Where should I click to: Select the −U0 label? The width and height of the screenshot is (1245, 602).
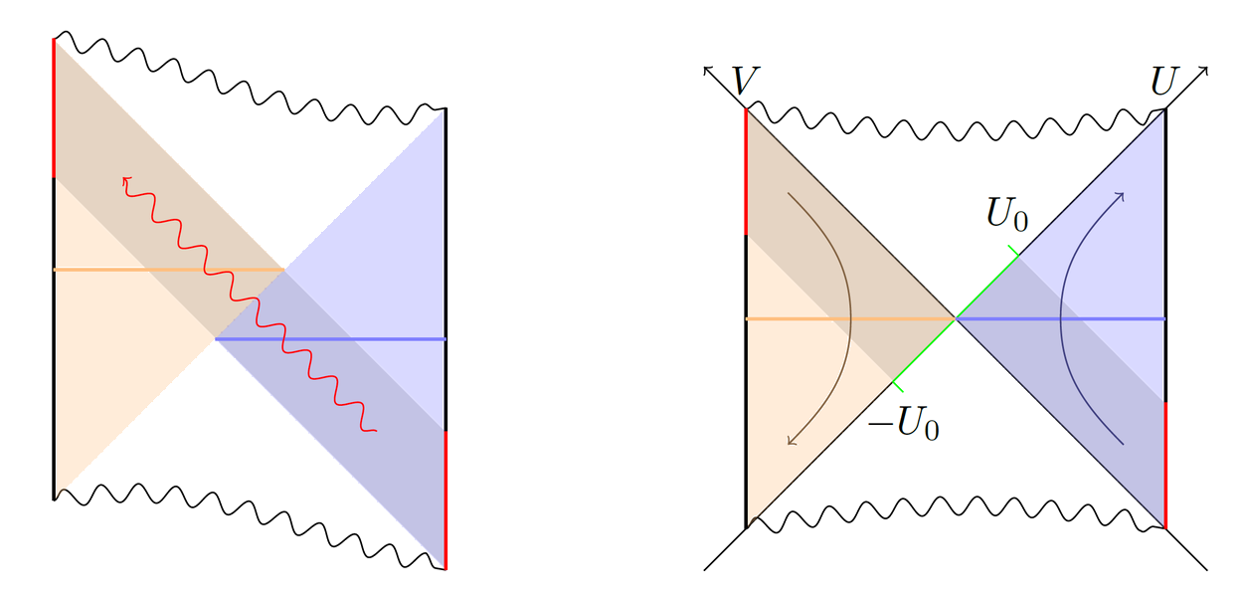coord(904,425)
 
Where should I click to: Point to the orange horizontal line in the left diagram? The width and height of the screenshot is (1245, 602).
coord(169,270)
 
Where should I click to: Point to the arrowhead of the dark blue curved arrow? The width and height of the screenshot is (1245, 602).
coord(1122,194)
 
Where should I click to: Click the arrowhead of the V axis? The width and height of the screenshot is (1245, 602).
coord(707,69)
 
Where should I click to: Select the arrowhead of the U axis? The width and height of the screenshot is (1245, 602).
coord(1204,69)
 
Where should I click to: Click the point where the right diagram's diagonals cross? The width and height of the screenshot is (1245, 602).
coord(956,318)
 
